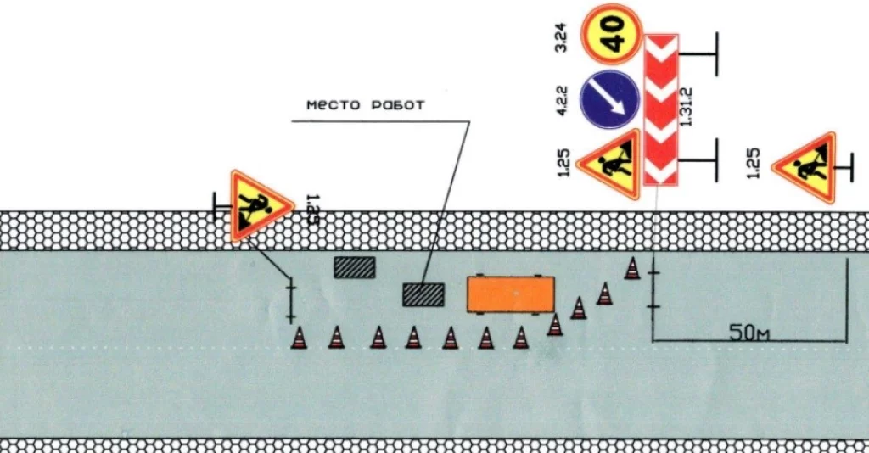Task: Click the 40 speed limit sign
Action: (609, 34)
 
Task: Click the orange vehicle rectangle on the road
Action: (510, 294)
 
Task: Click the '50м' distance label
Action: (749, 332)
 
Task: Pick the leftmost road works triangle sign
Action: (257, 204)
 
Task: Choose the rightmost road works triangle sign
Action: (803, 167)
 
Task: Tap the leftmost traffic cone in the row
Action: (298, 338)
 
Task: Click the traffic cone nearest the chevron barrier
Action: (632, 268)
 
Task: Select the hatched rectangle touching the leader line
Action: (423, 294)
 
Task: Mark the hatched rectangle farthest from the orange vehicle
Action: (354, 267)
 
